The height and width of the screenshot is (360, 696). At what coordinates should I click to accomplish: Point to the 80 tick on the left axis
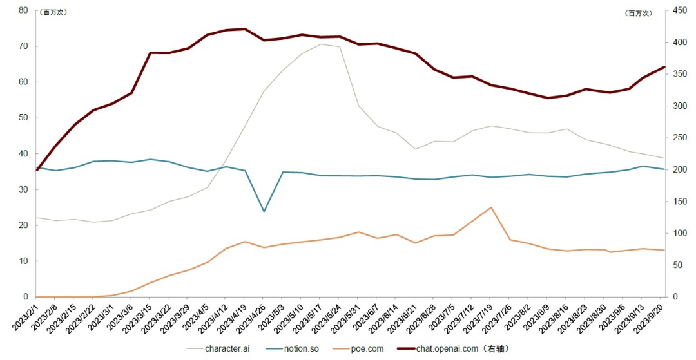point(23,10)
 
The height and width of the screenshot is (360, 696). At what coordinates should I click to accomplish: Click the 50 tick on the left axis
point(23,118)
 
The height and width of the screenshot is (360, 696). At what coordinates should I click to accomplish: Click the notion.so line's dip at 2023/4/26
point(264,211)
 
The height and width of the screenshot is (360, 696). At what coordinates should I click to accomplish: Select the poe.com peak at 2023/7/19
point(491,207)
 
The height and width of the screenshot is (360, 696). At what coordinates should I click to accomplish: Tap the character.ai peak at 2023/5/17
point(321,44)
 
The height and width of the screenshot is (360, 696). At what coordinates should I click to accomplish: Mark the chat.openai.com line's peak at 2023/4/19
point(245,29)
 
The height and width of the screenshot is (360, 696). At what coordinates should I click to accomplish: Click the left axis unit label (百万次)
point(55,12)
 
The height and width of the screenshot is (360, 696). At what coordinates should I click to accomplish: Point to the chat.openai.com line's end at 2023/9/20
point(664,67)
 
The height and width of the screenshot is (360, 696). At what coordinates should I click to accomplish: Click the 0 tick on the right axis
point(674,297)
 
